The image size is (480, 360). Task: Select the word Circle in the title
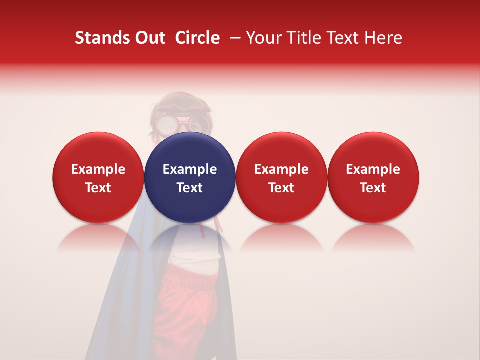(x=197, y=38)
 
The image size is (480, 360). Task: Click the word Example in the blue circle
(x=190, y=169)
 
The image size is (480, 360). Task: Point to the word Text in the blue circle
(x=190, y=188)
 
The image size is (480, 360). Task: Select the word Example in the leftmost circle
(x=98, y=169)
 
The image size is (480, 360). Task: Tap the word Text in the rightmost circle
(x=373, y=188)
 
